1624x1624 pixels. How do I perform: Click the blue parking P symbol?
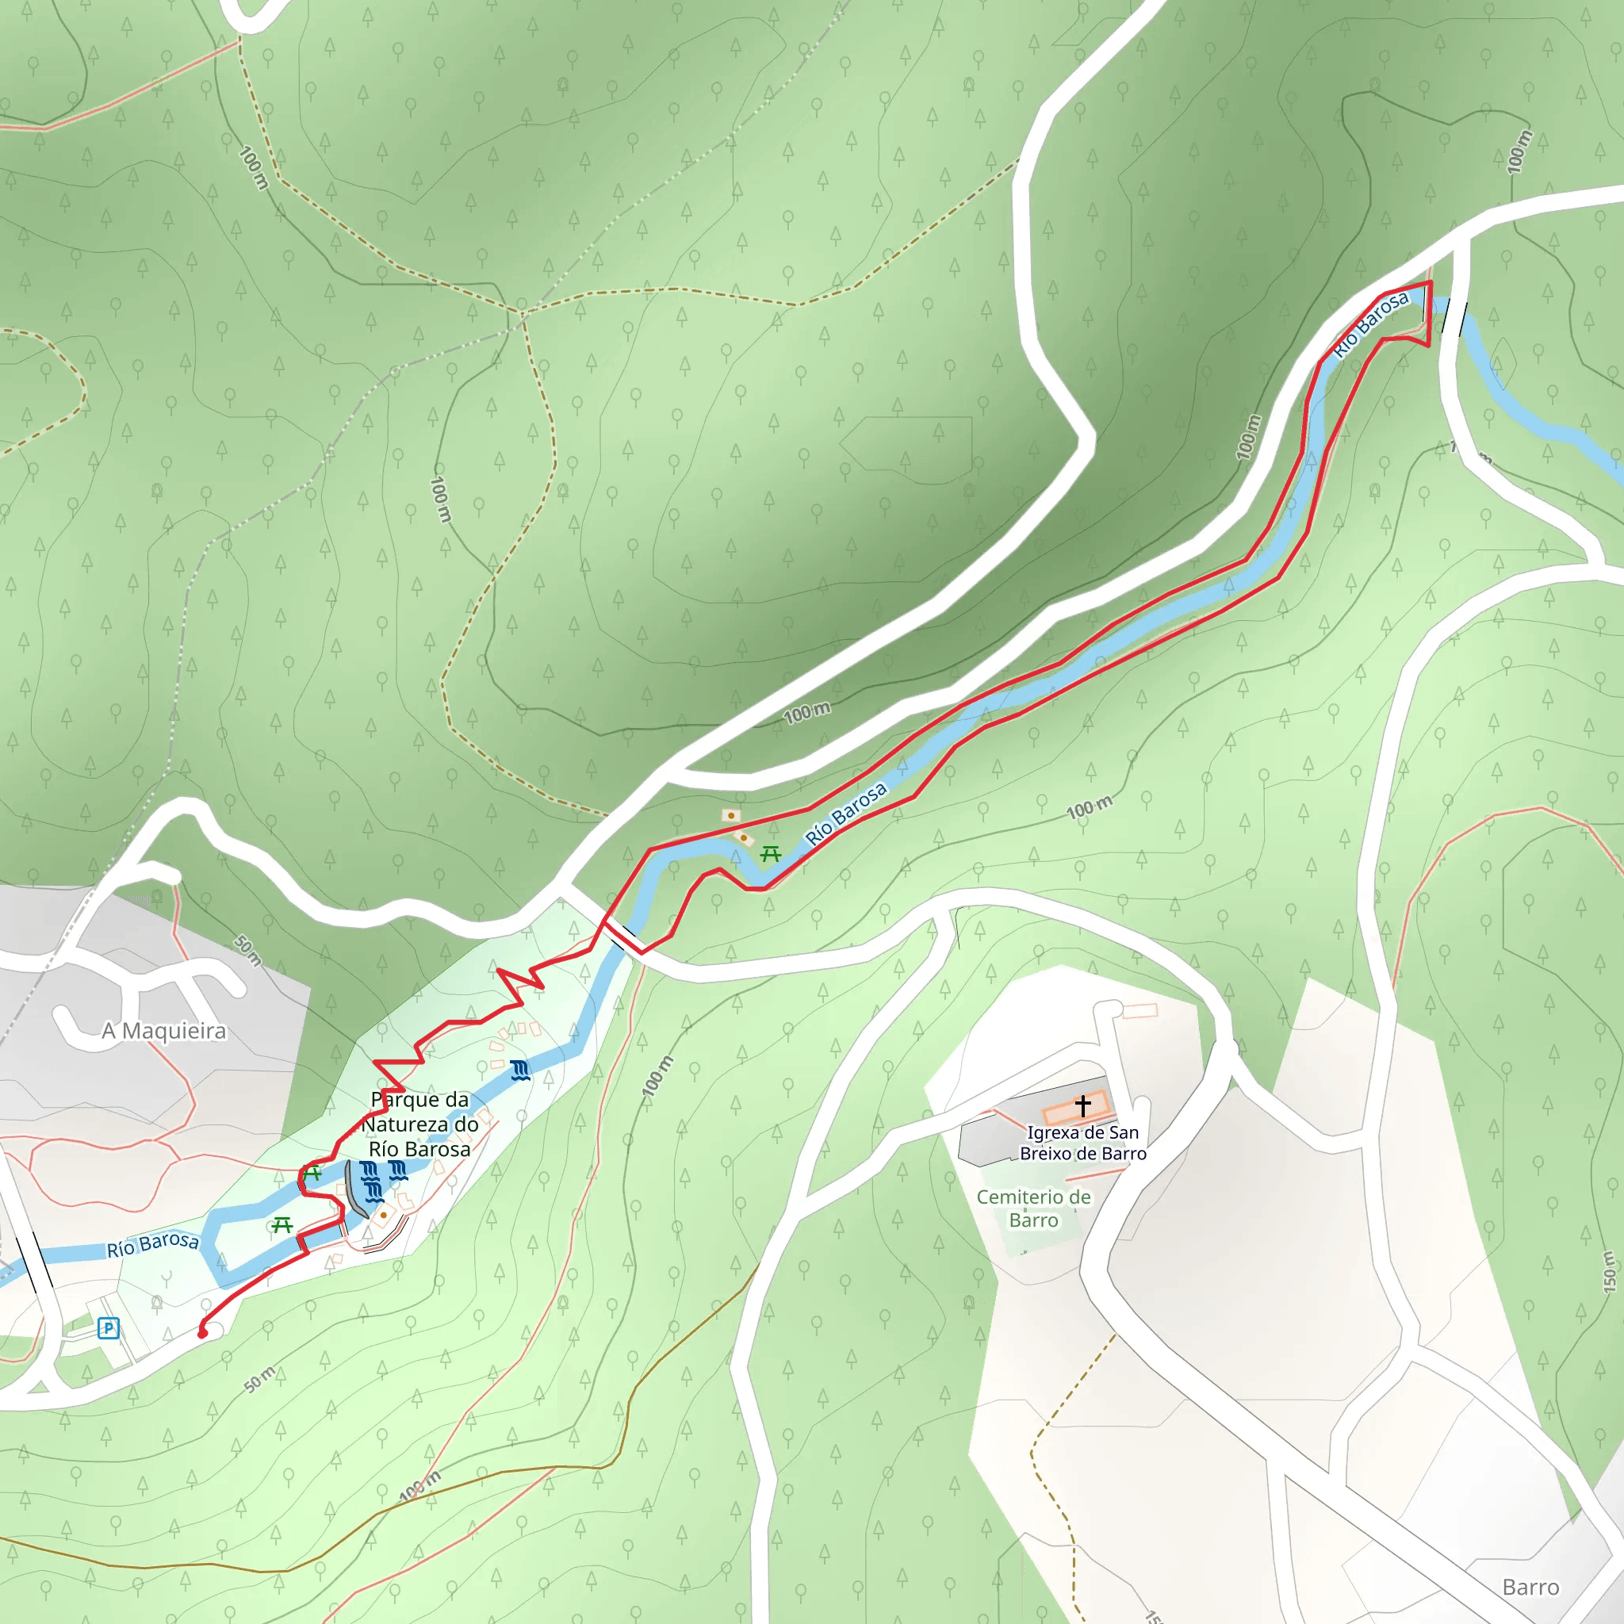click(x=108, y=1328)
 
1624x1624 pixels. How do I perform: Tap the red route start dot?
click(x=201, y=1333)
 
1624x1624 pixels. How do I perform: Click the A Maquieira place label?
click(x=164, y=1032)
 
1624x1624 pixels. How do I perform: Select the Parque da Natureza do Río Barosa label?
click(x=419, y=1124)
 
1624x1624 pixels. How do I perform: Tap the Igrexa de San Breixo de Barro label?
click(x=1082, y=1143)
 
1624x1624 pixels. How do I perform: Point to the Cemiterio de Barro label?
click(x=1033, y=1208)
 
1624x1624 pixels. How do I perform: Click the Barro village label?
click(x=1530, y=1587)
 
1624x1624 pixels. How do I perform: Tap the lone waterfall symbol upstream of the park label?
click(x=520, y=1070)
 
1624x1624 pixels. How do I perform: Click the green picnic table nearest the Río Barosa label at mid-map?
click(x=770, y=854)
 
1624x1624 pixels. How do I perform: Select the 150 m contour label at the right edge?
click(x=1608, y=1271)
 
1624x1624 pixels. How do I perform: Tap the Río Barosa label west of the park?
click(x=153, y=1244)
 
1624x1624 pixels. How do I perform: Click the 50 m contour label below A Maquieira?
click(x=248, y=950)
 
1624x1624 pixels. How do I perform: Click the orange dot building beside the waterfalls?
click(x=383, y=1215)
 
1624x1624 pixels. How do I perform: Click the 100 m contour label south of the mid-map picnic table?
click(x=1089, y=808)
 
